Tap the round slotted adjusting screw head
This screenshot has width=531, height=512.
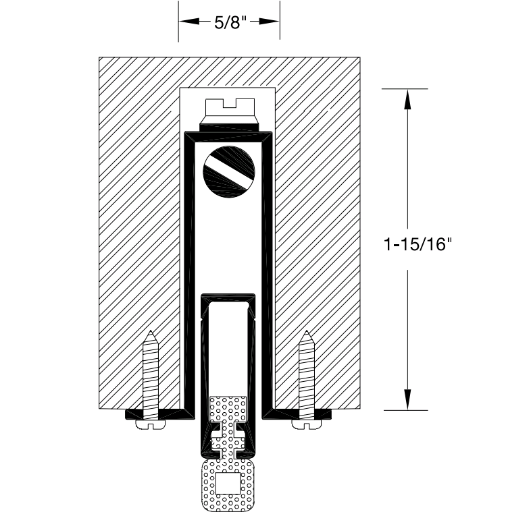(229, 172)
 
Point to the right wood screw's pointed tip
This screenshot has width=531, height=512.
(307, 333)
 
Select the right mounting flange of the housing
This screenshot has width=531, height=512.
(301, 413)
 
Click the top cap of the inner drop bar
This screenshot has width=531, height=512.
(229, 297)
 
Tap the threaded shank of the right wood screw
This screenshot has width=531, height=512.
(307, 371)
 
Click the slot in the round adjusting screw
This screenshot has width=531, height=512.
(229, 169)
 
